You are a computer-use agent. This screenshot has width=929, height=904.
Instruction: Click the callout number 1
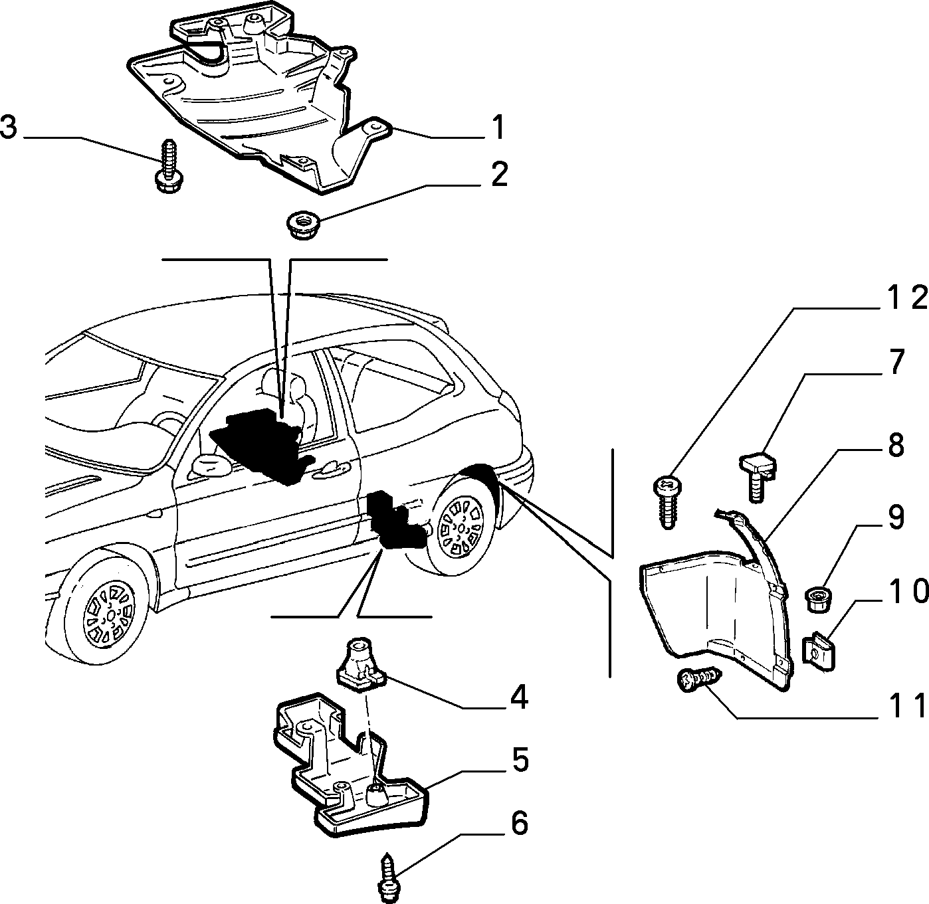[498, 127]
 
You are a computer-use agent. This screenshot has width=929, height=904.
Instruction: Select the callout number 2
[499, 174]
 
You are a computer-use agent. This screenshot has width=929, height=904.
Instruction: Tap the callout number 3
[9, 128]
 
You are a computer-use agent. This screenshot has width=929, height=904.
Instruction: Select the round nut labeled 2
[302, 226]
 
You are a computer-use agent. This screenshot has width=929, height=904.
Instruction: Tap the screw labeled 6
[390, 877]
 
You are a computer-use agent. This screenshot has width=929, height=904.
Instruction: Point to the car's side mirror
[211, 466]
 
